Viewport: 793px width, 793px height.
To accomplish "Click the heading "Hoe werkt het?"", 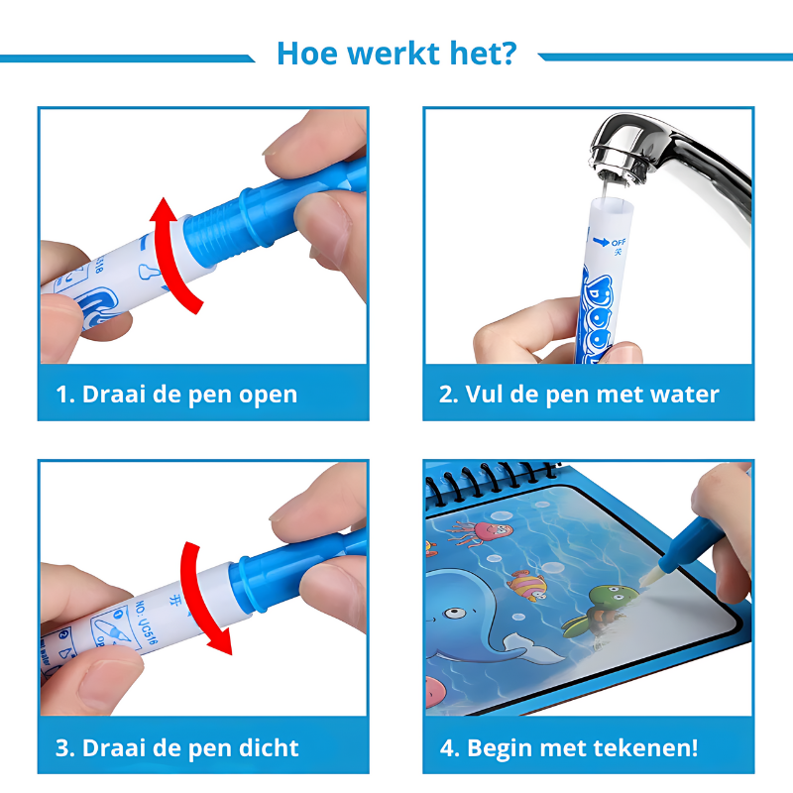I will (x=396, y=53).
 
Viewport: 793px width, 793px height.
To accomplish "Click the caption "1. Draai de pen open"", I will (x=175, y=394).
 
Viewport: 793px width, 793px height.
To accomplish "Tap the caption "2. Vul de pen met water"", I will (x=579, y=394).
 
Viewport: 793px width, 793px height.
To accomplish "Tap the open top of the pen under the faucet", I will (x=612, y=204).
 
